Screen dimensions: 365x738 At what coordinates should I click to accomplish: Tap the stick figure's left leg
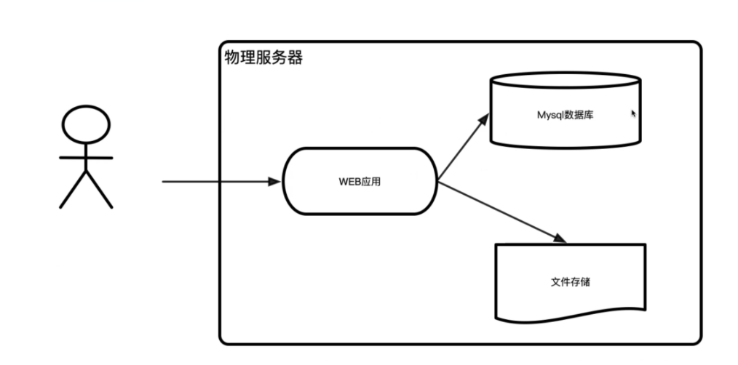[x=73, y=190]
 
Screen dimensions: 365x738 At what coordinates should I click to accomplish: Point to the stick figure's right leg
[x=100, y=190]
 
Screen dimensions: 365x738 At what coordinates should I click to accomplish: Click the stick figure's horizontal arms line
[x=86, y=157]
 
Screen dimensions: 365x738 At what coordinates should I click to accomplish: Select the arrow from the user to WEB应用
[x=218, y=181]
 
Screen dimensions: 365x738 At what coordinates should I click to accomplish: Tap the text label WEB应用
[x=360, y=181]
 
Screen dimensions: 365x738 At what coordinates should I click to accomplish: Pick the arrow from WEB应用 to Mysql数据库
[x=462, y=145]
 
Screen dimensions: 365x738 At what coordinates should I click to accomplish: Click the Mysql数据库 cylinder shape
[x=566, y=131]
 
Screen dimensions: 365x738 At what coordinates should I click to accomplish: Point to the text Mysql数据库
[x=566, y=114]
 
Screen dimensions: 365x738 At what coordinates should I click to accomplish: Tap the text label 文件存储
[x=570, y=281]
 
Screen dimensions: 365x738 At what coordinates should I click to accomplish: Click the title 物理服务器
[x=263, y=57]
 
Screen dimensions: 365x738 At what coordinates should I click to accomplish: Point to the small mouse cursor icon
[x=633, y=113]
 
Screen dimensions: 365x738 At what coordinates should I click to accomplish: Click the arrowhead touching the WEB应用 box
[x=274, y=181]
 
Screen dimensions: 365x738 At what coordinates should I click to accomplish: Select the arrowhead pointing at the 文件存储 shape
[x=559, y=239]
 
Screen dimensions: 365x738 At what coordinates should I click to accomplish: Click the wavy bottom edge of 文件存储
[x=570, y=316]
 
